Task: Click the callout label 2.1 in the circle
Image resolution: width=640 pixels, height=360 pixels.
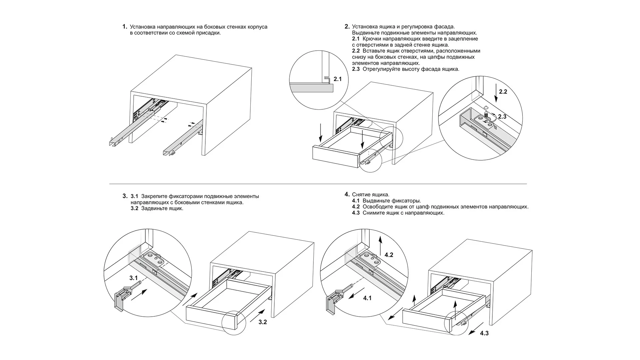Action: point(338,79)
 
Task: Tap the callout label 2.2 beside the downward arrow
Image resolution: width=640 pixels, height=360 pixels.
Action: point(503,92)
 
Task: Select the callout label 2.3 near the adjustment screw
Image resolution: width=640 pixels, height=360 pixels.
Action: point(502,116)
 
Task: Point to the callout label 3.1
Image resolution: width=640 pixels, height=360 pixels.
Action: point(134,278)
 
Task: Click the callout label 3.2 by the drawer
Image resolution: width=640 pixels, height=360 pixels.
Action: point(263,322)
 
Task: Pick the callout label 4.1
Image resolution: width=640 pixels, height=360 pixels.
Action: point(367,298)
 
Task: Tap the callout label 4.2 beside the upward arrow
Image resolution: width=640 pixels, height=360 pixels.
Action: point(389,255)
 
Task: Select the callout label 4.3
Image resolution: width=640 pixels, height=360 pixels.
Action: point(484,333)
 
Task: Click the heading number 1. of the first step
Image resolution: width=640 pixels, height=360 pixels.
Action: point(125,27)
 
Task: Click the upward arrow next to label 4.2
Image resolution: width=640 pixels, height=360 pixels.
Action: point(380,245)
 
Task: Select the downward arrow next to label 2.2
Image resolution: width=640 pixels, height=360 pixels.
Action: point(496,93)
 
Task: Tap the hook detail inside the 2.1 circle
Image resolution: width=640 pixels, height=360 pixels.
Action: point(327,79)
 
